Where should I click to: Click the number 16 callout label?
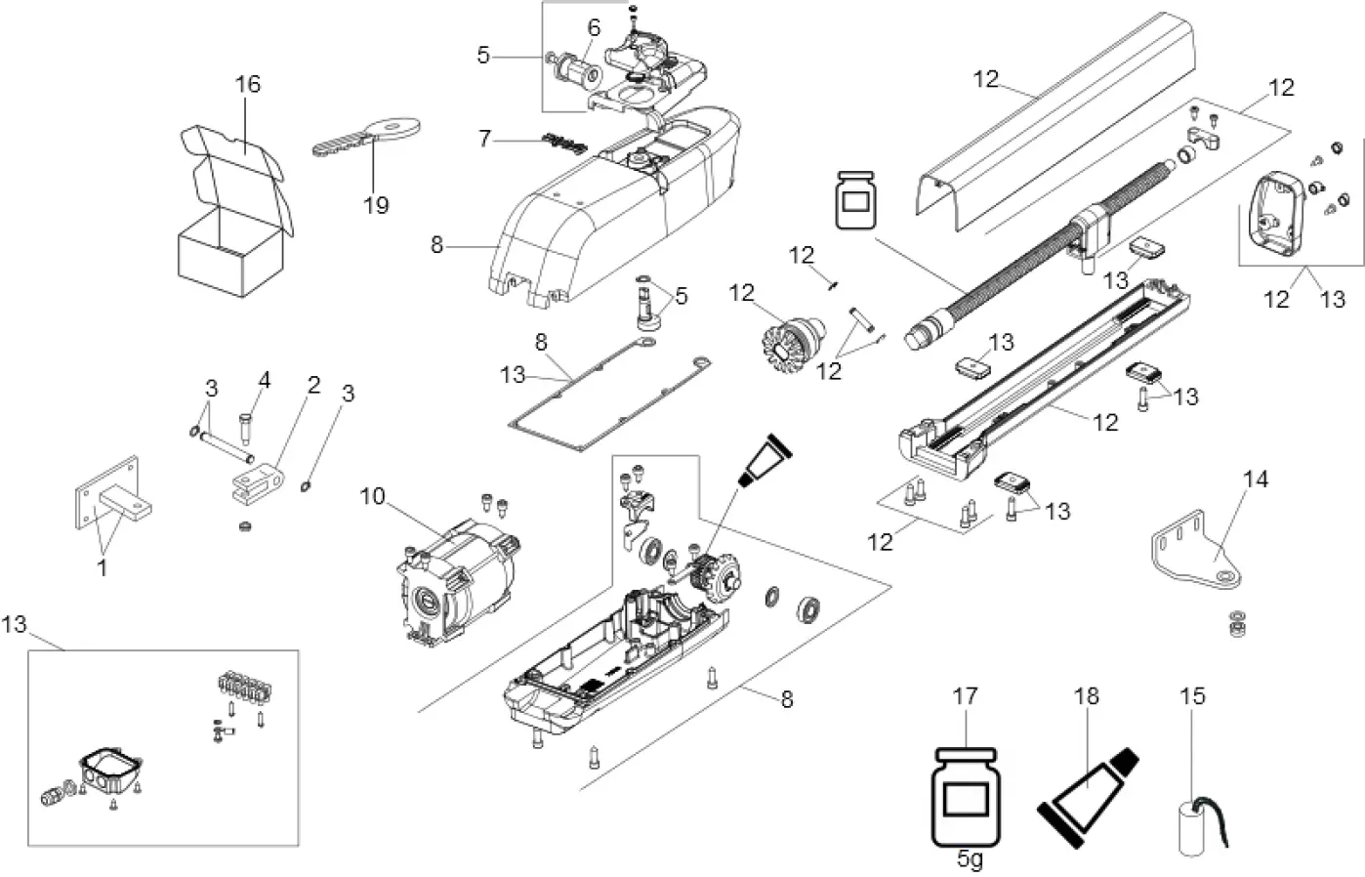pos(248,84)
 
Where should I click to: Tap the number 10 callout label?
pos(372,496)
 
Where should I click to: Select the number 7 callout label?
pos(485,138)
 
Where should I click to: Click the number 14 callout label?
pos(1256,479)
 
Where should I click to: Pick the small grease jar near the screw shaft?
pos(853,202)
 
